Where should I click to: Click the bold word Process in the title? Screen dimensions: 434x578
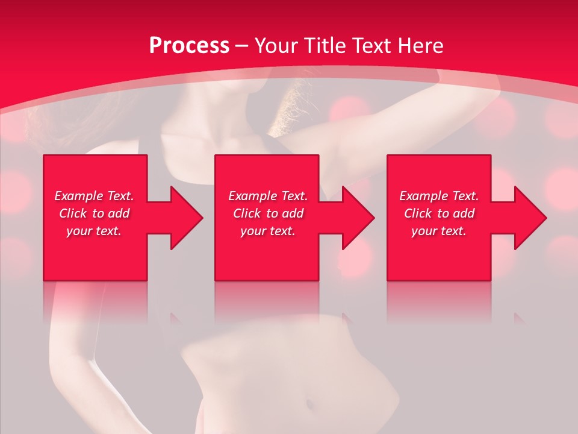[x=189, y=46]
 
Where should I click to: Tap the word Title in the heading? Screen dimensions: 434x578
[x=324, y=46]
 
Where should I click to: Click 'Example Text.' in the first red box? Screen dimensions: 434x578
[x=94, y=196]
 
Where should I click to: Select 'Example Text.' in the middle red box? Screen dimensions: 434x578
[x=267, y=196]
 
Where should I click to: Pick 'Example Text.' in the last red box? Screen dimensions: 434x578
[x=439, y=196]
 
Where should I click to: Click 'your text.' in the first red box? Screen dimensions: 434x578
[x=94, y=231]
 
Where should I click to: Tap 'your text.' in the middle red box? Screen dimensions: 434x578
[x=267, y=231]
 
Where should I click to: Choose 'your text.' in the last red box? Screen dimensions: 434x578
[x=439, y=231]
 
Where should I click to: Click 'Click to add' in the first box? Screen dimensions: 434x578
[x=94, y=213]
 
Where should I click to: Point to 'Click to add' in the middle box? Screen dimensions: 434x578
[x=267, y=213]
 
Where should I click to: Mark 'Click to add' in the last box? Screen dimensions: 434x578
[x=439, y=213]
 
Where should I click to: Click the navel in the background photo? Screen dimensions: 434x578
[x=309, y=402]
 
